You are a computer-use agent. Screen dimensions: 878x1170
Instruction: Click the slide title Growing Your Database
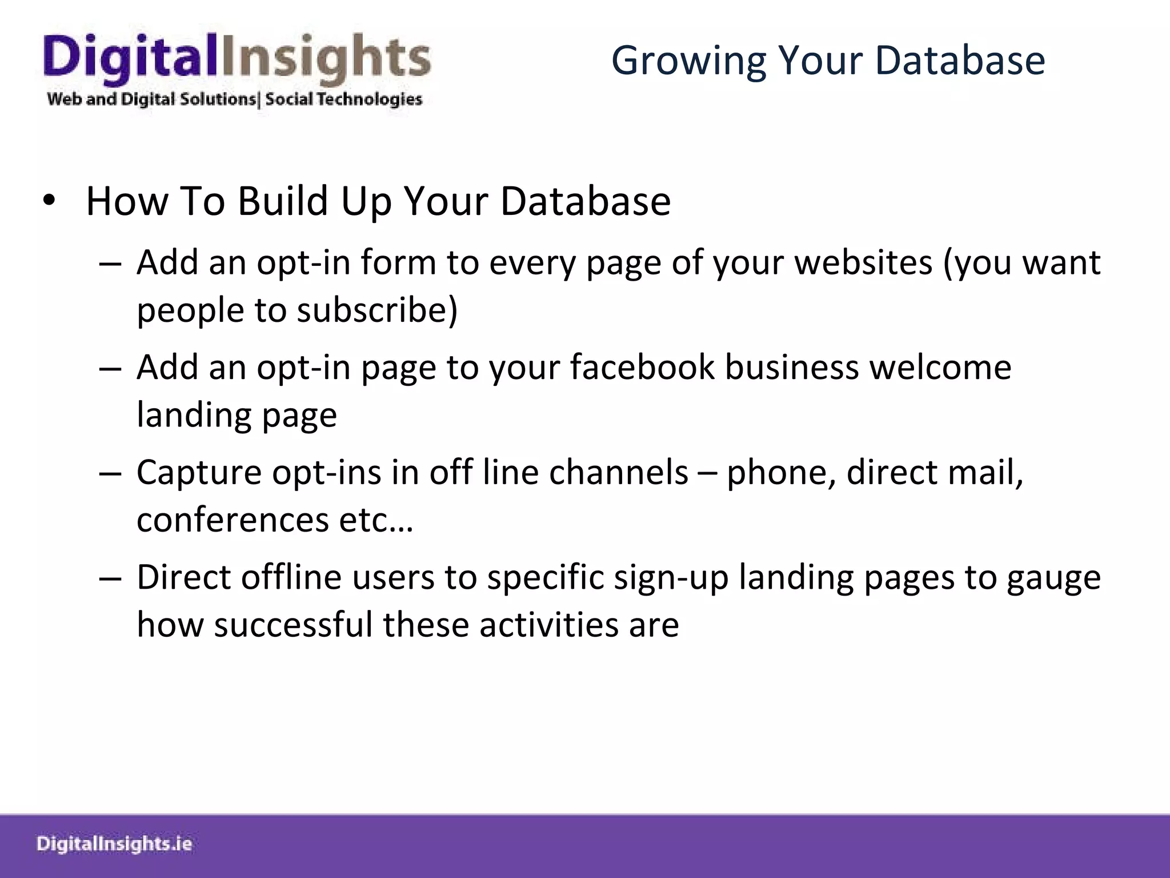click(828, 60)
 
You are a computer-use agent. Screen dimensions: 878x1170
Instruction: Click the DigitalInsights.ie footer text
click(114, 844)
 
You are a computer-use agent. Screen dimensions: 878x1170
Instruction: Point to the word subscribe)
click(377, 310)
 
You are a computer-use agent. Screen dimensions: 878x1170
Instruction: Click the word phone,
click(781, 473)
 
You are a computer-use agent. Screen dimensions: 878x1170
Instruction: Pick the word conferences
click(233, 520)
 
